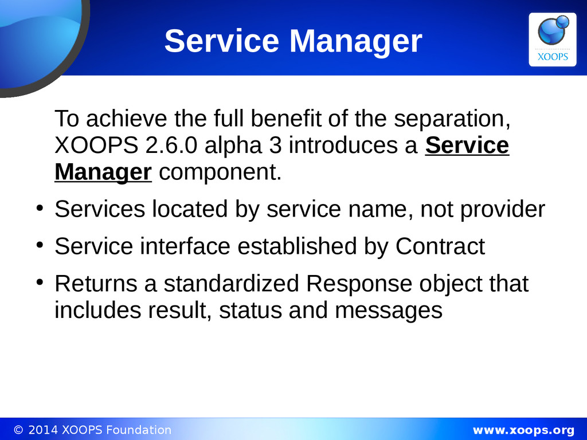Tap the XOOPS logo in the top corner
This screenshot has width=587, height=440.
(553, 40)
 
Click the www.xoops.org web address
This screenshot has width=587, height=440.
(523, 430)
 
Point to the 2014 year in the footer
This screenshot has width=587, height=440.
(43, 430)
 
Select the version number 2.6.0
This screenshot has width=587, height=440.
(171, 145)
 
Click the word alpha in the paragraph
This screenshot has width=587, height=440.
(233, 145)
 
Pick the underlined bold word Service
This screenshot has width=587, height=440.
(467, 145)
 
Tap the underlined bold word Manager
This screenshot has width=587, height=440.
(103, 172)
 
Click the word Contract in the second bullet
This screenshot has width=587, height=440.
(440, 246)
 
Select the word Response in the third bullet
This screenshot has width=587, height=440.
(359, 284)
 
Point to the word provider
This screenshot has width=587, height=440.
(502, 209)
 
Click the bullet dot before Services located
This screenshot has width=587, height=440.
(40, 207)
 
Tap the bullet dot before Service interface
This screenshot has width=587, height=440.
(40, 245)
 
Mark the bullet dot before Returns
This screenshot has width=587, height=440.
(40, 282)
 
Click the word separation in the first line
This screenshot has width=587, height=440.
(452, 119)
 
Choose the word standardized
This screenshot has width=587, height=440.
(231, 284)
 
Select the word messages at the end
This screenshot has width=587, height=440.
(389, 311)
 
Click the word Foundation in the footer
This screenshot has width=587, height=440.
(139, 430)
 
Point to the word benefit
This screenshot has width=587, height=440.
(285, 119)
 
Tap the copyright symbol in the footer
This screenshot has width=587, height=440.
(18, 430)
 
